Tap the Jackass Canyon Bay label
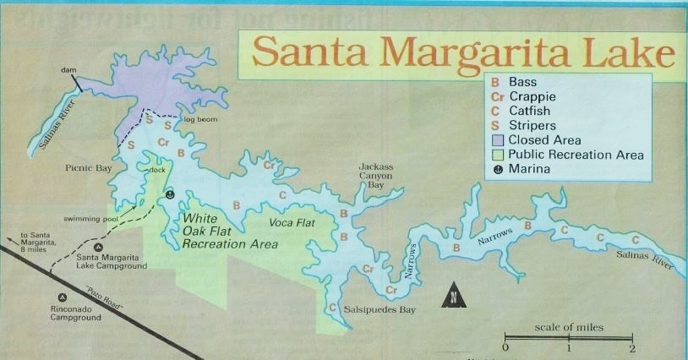pyautogui.click(x=376, y=175)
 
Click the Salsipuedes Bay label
pyautogui.click(x=380, y=310)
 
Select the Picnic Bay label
pyautogui.click(x=89, y=168)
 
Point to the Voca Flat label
pyautogui.click(x=292, y=224)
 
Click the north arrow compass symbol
pyautogui.click(x=454, y=294)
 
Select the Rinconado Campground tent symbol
pyautogui.click(x=62, y=297)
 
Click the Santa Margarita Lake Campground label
pyautogui.click(x=111, y=261)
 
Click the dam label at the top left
pyautogui.click(x=68, y=71)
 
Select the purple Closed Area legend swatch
pyautogui.click(x=497, y=139)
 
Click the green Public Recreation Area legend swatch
pyautogui.click(x=497, y=155)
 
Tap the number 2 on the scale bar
pyautogui.click(x=632, y=348)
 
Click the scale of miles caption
pyautogui.click(x=569, y=326)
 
